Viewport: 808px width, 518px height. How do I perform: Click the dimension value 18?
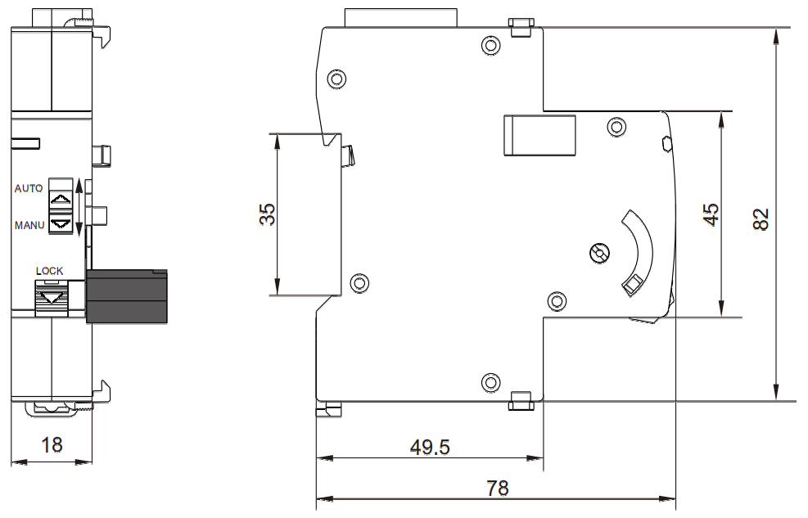(x=52, y=444)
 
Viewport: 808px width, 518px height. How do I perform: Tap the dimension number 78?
(x=497, y=489)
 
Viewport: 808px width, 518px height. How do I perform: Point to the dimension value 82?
(x=761, y=218)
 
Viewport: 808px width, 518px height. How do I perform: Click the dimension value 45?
(x=712, y=214)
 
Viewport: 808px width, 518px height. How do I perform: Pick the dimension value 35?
(x=268, y=214)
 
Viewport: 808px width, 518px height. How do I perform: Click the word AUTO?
(x=29, y=188)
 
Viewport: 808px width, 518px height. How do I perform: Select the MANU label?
(x=29, y=224)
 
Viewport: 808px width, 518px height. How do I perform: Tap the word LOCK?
(x=49, y=271)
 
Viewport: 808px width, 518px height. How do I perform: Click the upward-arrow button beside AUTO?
(x=60, y=199)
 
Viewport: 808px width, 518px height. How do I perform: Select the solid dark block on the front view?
(x=127, y=295)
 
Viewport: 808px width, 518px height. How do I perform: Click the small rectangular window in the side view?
(x=540, y=134)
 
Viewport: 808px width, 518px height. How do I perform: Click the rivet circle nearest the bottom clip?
(x=490, y=381)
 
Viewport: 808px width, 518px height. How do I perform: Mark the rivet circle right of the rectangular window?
(x=616, y=127)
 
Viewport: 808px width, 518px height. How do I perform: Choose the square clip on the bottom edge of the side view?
(x=520, y=400)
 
